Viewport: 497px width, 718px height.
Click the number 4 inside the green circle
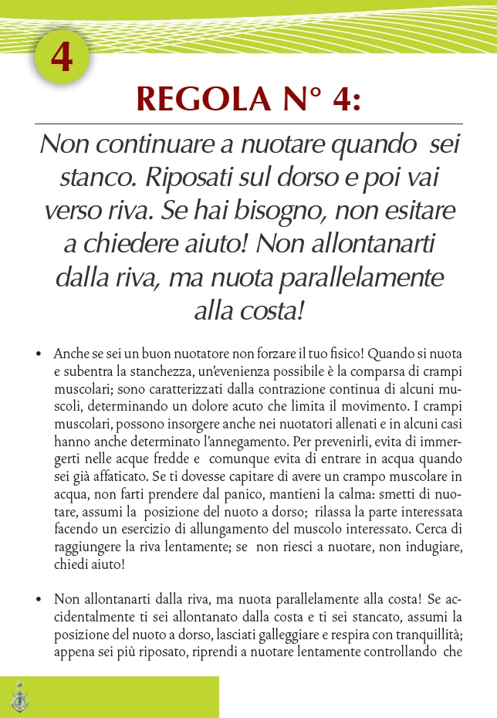click(63, 58)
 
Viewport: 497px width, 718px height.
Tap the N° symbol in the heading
click(289, 99)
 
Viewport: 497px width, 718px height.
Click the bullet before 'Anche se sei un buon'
click(39, 355)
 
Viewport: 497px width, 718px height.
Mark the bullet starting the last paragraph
click(39, 599)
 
